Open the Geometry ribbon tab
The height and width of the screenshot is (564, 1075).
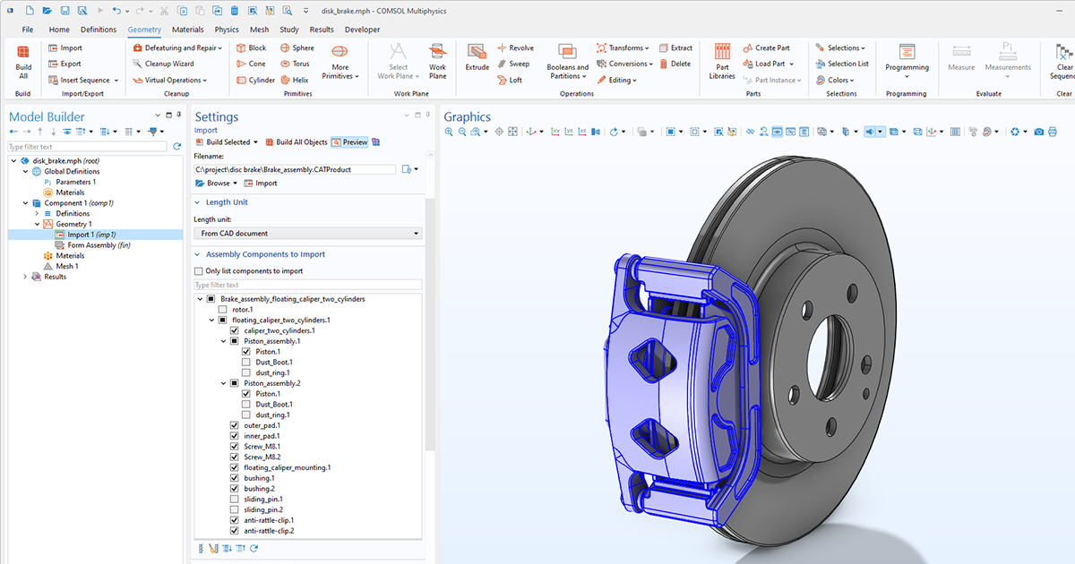[144, 30]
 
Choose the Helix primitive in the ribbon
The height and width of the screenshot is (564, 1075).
[295, 81]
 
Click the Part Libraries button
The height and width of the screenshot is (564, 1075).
[722, 61]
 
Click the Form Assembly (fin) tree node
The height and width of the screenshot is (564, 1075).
[99, 245]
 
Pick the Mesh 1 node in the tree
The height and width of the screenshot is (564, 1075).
[66, 266]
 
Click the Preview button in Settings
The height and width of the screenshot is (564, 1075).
[349, 142]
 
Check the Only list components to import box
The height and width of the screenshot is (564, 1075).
[199, 271]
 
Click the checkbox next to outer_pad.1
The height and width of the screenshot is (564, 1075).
[235, 425]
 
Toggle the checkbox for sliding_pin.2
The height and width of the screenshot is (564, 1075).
[235, 509]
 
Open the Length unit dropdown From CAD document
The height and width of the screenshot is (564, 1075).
[307, 234]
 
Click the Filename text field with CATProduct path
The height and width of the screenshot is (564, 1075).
[295, 169]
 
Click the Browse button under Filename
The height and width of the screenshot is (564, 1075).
[215, 184]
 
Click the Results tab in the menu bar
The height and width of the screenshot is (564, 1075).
[322, 30]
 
